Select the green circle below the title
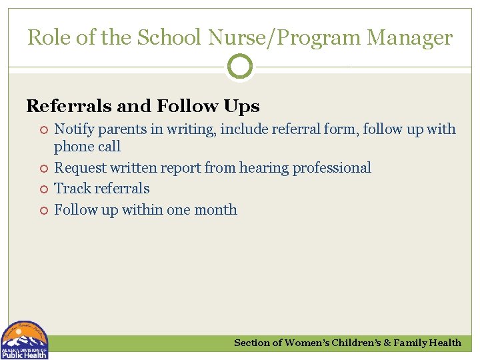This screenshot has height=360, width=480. pyautogui.click(x=240, y=67)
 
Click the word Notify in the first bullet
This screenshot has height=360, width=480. pyautogui.click(x=72, y=129)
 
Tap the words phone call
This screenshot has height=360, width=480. pyautogui.click(x=87, y=147)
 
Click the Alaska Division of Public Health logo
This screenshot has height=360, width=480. pyautogui.click(x=25, y=341)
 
